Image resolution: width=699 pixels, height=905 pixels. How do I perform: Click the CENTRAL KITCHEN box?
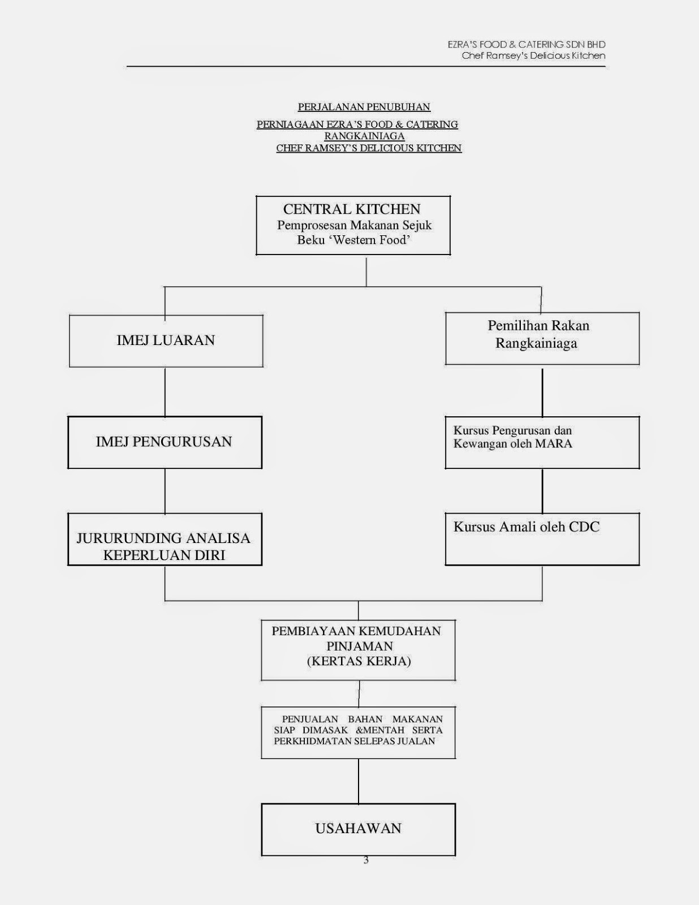[x=353, y=225]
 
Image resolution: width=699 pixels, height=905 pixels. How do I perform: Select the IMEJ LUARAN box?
[x=166, y=341]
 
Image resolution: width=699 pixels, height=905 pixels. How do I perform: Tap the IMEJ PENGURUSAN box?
[x=165, y=442]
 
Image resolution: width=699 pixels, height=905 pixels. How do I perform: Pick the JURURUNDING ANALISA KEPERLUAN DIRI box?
[x=165, y=539]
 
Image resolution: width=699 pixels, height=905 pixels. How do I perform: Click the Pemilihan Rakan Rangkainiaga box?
[x=542, y=338]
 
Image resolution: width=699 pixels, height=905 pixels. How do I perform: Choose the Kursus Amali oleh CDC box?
[x=542, y=539]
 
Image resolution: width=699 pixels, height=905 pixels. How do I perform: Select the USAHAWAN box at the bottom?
[x=358, y=829]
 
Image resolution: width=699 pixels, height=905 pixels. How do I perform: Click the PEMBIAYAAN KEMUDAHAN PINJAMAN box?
[x=358, y=650]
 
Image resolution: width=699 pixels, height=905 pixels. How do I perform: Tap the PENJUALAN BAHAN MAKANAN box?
[x=358, y=732]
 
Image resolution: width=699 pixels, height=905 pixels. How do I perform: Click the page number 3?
[x=366, y=860]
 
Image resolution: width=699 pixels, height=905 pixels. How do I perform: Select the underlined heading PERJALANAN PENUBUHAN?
[x=364, y=107]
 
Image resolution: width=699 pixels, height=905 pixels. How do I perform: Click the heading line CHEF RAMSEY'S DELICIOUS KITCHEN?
[x=369, y=148]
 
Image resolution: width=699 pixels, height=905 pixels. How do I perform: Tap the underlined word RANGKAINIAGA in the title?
[x=364, y=136]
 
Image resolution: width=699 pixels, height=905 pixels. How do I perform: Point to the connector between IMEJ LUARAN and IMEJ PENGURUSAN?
[x=165, y=391]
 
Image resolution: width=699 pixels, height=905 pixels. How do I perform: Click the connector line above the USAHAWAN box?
[x=359, y=781]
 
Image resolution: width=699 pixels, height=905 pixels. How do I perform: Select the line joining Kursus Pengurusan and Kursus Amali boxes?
[x=542, y=490]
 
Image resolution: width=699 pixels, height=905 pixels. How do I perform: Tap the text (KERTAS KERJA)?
[x=359, y=661]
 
